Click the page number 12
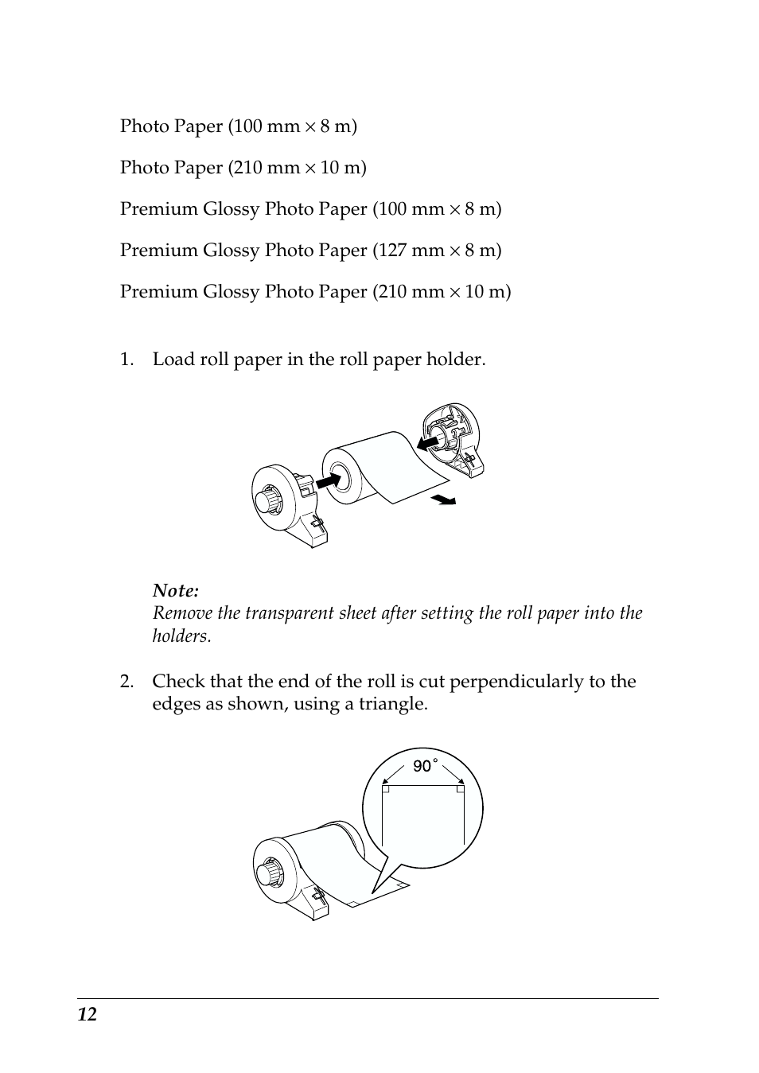pos(88,1014)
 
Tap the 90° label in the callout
pos(424,766)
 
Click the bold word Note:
pos(176,590)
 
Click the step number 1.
pos(127,360)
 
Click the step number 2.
pos(127,682)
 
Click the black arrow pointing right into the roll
pos(327,480)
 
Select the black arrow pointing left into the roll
pos(430,439)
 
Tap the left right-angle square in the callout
pos(386,789)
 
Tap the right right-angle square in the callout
pos(461,789)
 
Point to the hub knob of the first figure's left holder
pos(265,501)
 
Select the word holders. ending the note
pos(182,636)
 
